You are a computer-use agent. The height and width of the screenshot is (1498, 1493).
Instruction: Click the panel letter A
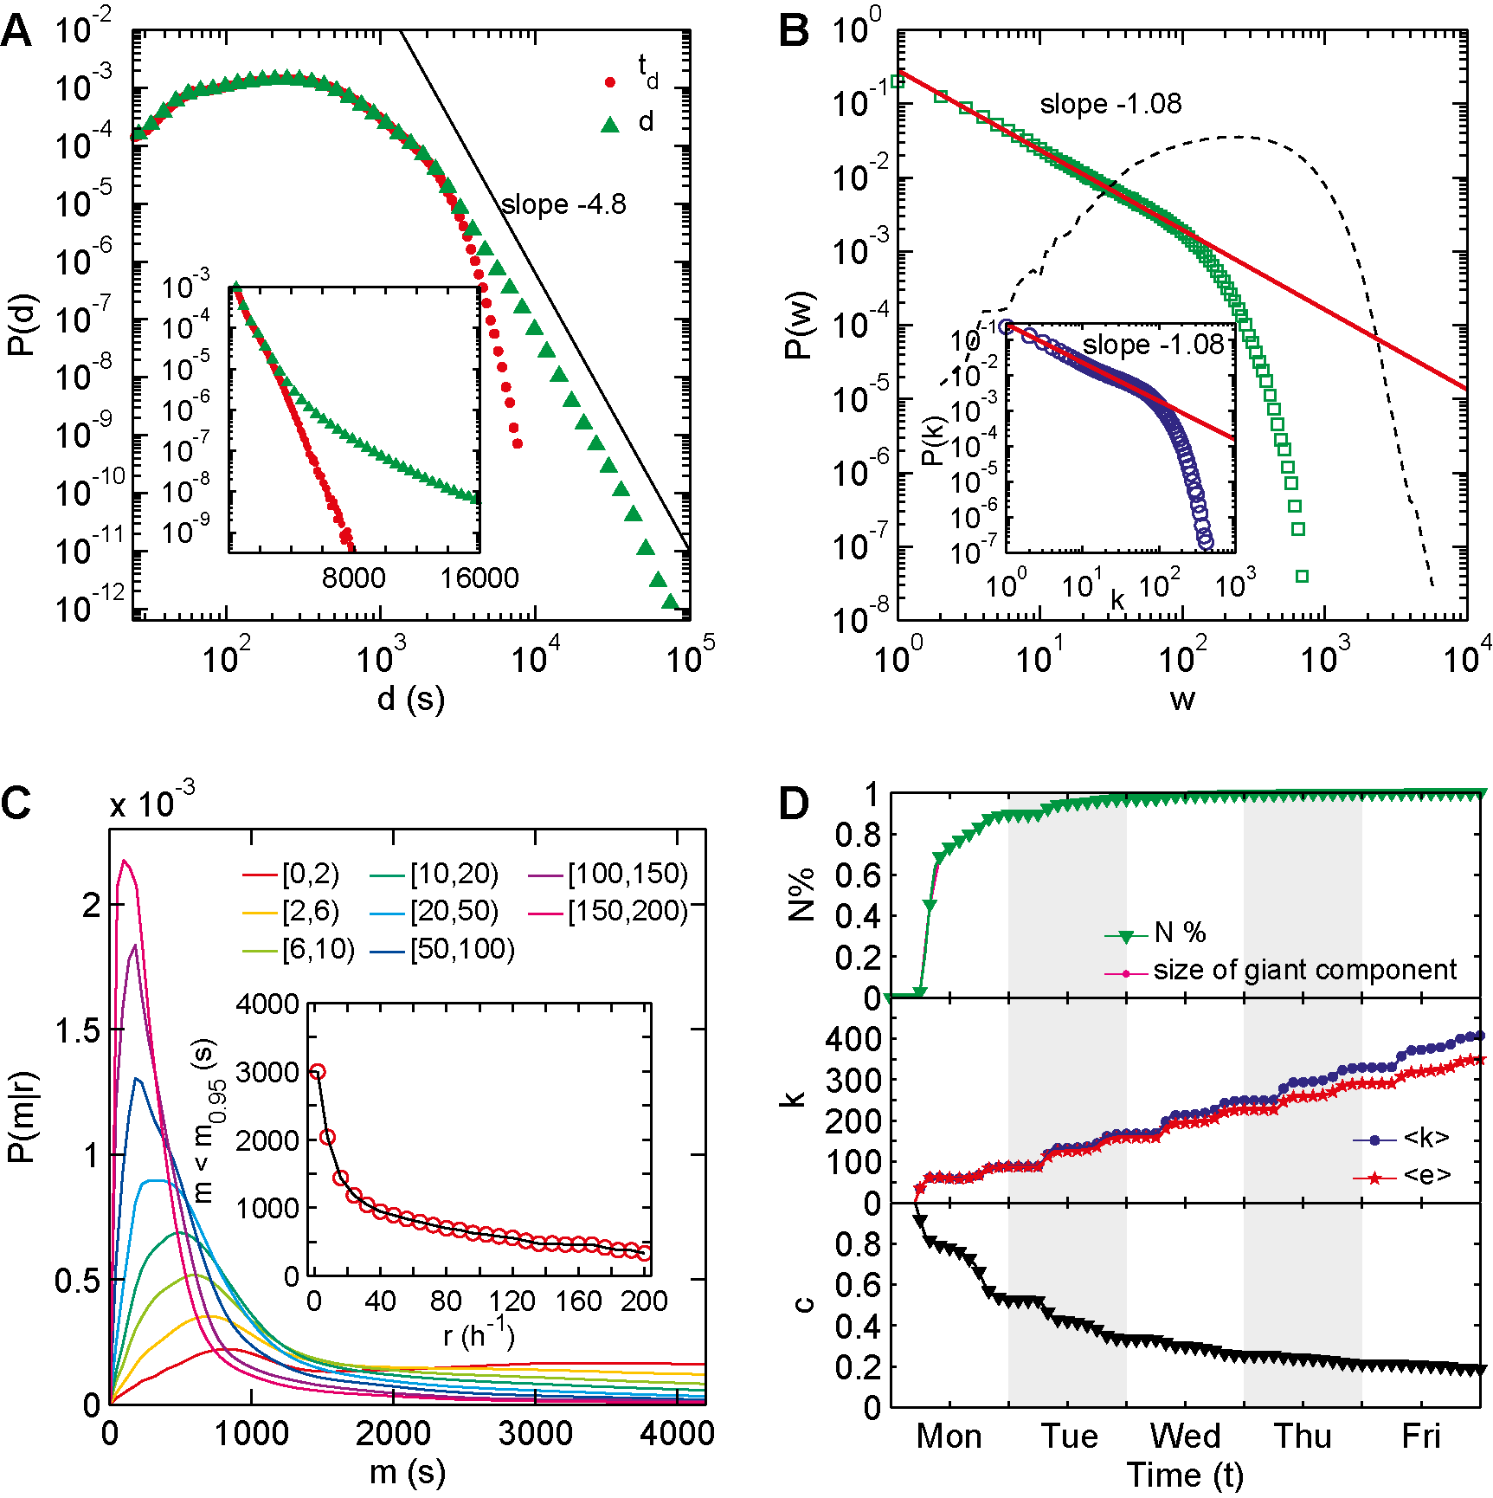tap(17, 32)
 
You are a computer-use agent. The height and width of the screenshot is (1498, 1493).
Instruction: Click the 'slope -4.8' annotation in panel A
tap(563, 205)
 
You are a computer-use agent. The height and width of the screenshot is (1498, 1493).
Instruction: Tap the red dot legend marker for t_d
tap(610, 83)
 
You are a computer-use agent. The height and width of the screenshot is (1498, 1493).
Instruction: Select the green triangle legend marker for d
tap(610, 125)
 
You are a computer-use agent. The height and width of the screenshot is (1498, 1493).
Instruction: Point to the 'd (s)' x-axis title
tap(410, 698)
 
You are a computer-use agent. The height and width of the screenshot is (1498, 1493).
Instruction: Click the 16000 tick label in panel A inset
tap(479, 578)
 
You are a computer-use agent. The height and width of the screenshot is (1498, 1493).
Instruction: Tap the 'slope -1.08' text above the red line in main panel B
tap(1110, 104)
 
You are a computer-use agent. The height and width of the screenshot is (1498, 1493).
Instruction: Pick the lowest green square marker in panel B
tap(1302, 576)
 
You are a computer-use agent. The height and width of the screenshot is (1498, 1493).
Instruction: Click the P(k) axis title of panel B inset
tap(932, 442)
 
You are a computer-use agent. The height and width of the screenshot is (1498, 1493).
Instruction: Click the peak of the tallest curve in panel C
tap(125, 861)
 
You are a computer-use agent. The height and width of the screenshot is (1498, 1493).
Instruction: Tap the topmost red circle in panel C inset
tap(318, 1072)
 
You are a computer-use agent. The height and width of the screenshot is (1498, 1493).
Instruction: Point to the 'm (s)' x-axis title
tap(407, 1472)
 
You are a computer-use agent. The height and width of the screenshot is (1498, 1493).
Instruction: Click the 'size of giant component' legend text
tap(1304, 970)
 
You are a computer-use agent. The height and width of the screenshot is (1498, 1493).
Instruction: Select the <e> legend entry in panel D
tap(1426, 1176)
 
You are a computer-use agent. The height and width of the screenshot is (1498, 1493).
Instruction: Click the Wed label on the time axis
tap(1185, 1437)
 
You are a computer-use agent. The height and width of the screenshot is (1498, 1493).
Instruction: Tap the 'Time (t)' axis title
tap(1184, 1475)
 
